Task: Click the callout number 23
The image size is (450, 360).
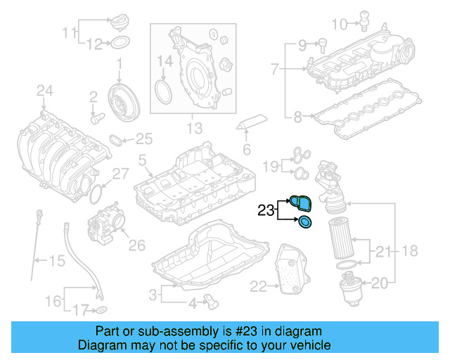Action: point(265,210)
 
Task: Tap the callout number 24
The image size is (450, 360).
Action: point(45,90)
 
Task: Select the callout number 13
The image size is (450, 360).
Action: point(193,129)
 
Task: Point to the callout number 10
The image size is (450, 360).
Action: point(339,25)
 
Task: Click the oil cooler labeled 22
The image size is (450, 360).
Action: point(287,271)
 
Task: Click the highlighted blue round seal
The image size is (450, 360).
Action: point(305,224)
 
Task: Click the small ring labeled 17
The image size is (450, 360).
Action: point(101,309)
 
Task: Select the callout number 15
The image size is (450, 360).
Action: point(56,262)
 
